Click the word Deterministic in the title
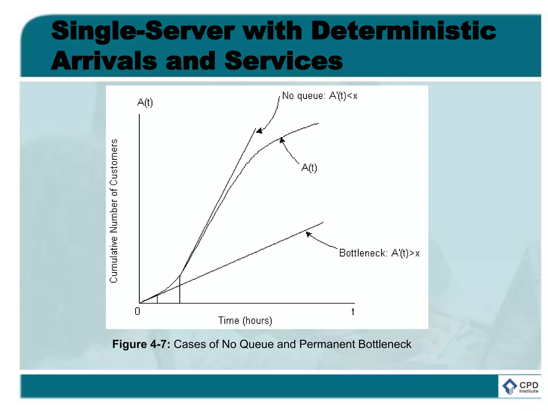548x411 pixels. coord(404,31)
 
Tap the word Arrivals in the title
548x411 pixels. coord(104,61)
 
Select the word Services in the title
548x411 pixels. coord(284,61)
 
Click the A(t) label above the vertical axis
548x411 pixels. coord(145,102)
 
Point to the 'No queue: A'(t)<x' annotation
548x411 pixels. coord(320,96)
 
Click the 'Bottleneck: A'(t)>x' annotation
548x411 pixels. coord(379,253)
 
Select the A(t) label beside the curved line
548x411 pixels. coord(309,168)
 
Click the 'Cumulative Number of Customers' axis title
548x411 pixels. coord(114,211)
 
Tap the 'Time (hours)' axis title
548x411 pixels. coord(245,320)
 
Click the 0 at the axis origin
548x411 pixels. coord(137,311)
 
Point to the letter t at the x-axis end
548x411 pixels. coord(353,312)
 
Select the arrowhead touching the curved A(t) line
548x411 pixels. coord(281,140)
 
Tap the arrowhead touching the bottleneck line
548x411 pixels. coord(308,234)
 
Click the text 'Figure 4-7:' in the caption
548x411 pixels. coord(141,344)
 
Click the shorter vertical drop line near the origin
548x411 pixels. coord(157,299)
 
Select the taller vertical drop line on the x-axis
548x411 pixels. coord(180,290)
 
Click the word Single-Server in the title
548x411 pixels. coord(143,31)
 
